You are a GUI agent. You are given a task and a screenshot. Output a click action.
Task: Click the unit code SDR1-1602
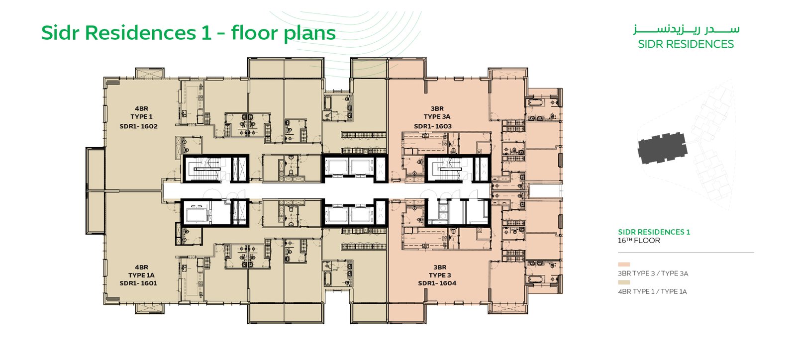coord(139,126)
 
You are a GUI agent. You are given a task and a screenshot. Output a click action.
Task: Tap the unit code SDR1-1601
coord(138,283)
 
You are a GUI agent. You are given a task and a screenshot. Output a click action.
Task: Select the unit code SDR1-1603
coord(433,126)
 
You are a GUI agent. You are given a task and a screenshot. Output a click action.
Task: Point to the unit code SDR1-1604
coord(437,283)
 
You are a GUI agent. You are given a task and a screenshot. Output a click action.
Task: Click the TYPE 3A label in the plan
coord(437,116)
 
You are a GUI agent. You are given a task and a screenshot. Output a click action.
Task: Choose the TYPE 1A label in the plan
coord(141,275)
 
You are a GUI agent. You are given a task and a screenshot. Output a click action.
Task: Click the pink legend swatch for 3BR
coord(624,265)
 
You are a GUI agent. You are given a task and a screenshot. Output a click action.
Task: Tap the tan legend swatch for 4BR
coord(624,282)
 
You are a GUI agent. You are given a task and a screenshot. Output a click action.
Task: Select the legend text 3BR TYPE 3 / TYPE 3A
coord(653,273)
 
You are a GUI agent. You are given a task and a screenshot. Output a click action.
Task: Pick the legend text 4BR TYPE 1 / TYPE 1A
coord(652,291)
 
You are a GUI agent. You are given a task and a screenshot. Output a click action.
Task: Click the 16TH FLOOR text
coord(639,240)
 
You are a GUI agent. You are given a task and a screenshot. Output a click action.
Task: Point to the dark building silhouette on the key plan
coord(662,148)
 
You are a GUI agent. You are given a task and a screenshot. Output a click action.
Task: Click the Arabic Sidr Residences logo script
coord(686,30)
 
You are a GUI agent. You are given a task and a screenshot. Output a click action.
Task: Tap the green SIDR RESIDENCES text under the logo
coord(686,44)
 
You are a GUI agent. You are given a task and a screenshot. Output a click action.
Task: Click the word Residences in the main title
coord(140,33)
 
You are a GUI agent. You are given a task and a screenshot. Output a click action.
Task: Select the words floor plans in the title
coord(283,33)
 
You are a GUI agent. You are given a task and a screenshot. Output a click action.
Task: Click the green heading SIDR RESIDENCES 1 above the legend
coord(654,232)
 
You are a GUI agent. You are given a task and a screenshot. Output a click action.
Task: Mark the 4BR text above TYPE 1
coord(141,108)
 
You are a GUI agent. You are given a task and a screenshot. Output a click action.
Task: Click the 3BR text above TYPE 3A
coord(437,108)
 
